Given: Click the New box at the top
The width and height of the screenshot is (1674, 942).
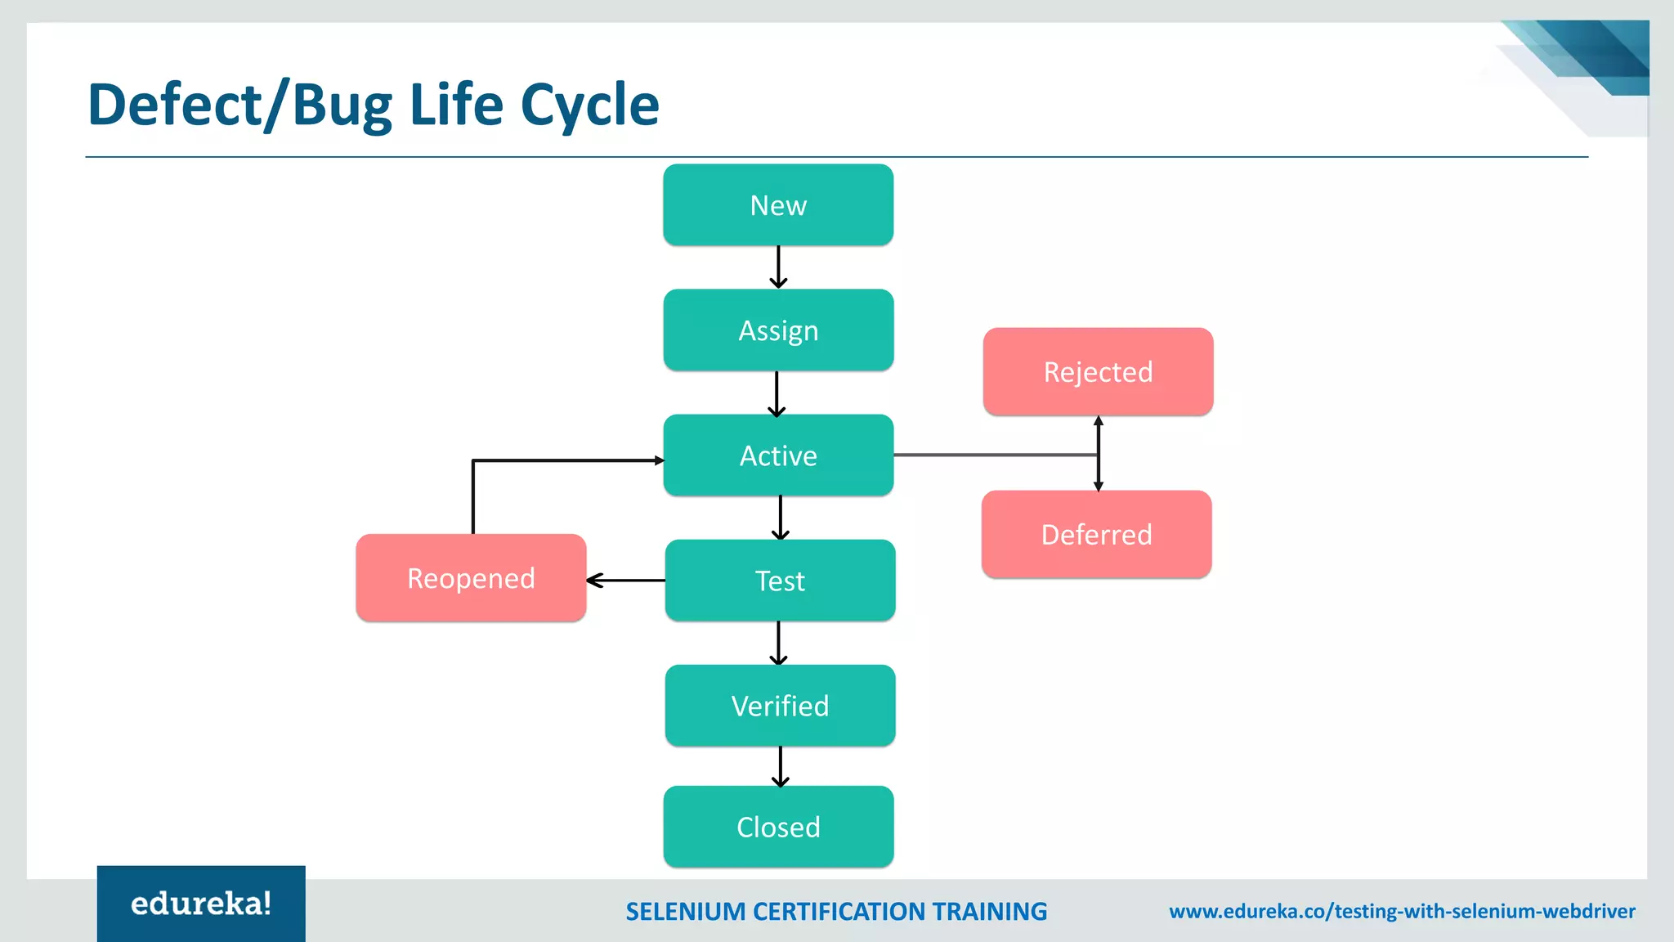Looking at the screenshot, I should tap(778, 205).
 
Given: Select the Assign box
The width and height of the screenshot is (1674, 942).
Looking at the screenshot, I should tap(778, 330).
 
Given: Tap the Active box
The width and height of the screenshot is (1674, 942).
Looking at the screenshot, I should tap(778, 455).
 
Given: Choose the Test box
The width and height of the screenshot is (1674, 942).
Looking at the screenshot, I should tap(780, 581).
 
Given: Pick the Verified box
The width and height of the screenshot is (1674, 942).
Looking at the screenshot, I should tap(780, 706).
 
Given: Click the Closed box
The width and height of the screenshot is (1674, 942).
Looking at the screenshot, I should tap(778, 827).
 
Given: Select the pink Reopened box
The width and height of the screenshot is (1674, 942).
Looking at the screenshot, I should tap(471, 578).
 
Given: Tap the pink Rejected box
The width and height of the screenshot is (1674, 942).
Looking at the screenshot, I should tap(1098, 372).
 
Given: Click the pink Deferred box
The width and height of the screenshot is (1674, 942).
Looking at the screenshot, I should tap(1096, 535).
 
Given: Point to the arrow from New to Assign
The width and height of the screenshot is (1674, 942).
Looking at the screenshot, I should tap(778, 267).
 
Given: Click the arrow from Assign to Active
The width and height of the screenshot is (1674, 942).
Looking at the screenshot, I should tap(777, 393).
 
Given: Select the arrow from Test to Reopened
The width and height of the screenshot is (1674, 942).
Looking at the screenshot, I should tap(626, 581).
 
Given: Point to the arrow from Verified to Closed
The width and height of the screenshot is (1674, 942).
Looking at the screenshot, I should tap(781, 766).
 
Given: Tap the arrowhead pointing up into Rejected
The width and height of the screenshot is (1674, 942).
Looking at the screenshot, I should tap(1099, 421).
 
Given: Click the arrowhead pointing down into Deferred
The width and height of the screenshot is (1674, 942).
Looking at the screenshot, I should tap(1099, 486).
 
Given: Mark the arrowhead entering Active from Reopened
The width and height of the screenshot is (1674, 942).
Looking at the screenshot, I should tap(659, 460).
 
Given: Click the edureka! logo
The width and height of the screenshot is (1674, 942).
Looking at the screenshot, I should tap(201, 904).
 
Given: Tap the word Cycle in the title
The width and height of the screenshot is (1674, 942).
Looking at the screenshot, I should tap(589, 105).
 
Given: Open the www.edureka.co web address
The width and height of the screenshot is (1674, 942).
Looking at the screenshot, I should tap(1402, 912).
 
